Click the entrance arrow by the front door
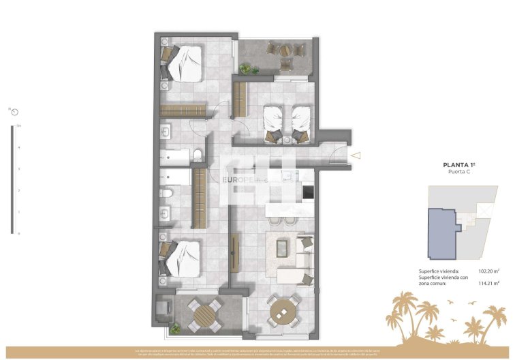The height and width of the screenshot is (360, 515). click(x=356, y=156)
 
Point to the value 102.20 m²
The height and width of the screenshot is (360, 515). click(x=489, y=271)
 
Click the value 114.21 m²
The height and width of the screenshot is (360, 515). click(x=489, y=282)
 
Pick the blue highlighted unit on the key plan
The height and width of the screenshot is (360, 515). click(x=441, y=232)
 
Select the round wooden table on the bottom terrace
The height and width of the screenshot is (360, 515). click(x=204, y=315)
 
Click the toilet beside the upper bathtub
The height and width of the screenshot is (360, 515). click(x=198, y=155)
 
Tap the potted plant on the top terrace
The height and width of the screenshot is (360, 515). click(x=245, y=67)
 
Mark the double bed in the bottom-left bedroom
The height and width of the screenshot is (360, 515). click(x=183, y=258)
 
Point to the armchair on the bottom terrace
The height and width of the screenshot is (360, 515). click(x=164, y=310)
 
